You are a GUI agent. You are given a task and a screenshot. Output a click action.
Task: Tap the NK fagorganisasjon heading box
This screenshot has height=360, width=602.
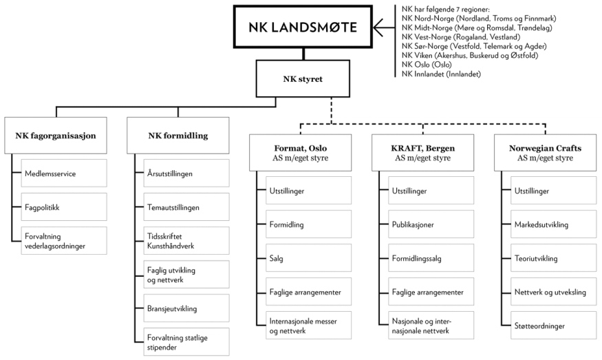[x=56, y=136]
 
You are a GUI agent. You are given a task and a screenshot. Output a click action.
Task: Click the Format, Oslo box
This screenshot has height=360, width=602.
[x=300, y=152]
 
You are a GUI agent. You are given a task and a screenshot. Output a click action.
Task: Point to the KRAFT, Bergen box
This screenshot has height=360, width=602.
[x=422, y=152]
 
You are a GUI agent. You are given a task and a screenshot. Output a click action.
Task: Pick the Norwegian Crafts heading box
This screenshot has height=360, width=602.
[x=545, y=152]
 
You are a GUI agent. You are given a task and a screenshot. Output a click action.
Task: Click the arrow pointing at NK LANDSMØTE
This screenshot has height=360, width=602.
[x=385, y=28]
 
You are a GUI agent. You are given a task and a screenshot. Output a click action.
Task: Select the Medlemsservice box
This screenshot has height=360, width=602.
[x=60, y=173]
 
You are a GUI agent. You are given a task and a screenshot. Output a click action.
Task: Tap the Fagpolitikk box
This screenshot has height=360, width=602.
[x=60, y=207]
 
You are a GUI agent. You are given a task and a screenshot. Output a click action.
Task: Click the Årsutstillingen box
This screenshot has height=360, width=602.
[x=181, y=173]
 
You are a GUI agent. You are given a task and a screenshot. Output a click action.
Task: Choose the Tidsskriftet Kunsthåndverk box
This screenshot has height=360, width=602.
[x=181, y=240]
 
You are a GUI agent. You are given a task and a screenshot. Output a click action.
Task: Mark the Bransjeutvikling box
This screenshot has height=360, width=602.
[x=181, y=307]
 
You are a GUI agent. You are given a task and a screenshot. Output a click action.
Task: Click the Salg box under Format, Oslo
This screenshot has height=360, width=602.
[x=303, y=259]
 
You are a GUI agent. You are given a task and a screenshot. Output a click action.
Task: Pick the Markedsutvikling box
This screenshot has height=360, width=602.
[x=548, y=224]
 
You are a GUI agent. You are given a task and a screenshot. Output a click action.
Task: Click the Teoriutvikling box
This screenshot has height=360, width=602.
[x=548, y=259]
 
